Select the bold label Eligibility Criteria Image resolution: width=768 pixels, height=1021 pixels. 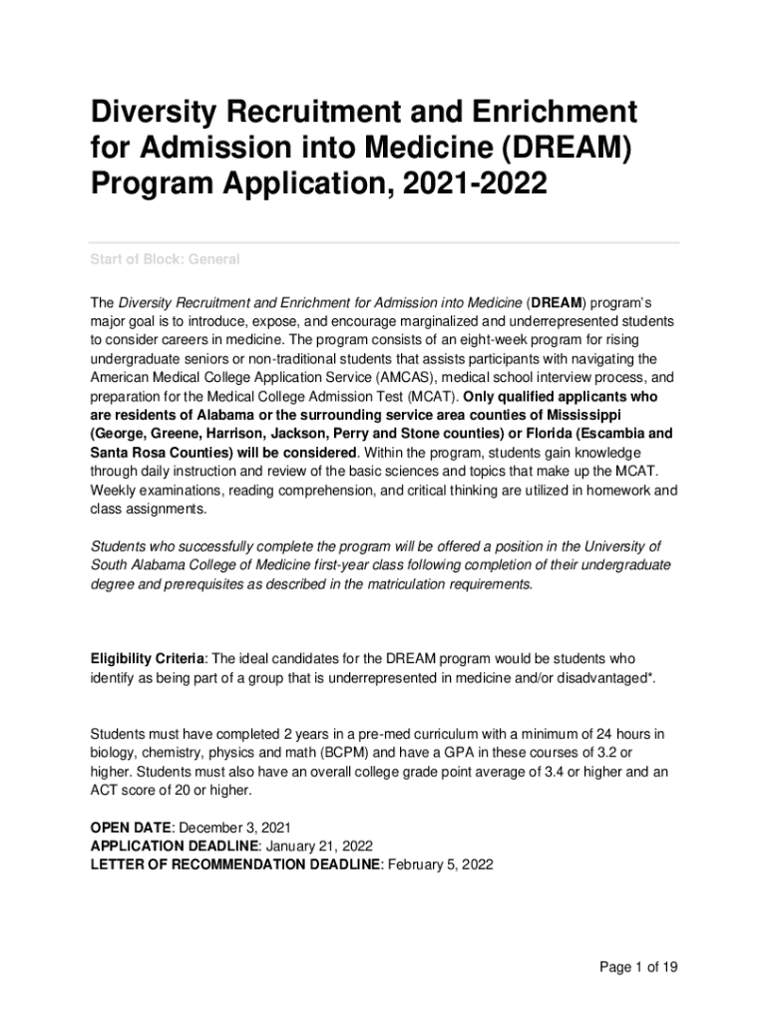(149, 659)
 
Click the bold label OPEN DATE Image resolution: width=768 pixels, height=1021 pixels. (132, 828)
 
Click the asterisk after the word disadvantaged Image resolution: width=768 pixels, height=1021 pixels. (651, 677)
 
